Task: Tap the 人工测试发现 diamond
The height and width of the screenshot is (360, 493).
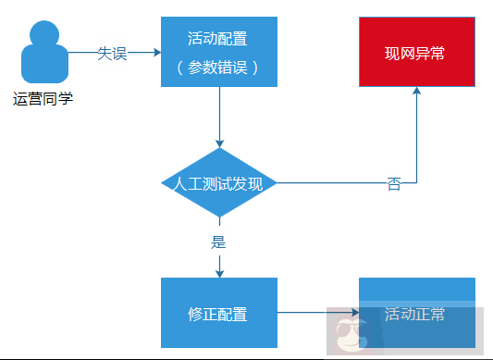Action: pyautogui.click(x=219, y=182)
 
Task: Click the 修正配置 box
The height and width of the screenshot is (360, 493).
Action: pyautogui.click(x=218, y=314)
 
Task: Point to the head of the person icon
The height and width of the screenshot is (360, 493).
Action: pyautogui.click(x=43, y=37)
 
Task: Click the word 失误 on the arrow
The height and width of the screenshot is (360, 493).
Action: pyautogui.click(x=112, y=54)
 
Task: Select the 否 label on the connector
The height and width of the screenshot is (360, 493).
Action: pyautogui.click(x=394, y=184)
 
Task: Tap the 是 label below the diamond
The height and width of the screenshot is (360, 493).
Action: pyautogui.click(x=219, y=243)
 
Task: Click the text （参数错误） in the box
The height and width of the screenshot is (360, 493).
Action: pyautogui.click(x=218, y=68)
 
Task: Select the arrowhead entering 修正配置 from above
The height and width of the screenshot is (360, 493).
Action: pyautogui.click(x=219, y=272)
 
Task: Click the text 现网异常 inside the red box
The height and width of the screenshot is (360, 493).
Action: pyautogui.click(x=415, y=54)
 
